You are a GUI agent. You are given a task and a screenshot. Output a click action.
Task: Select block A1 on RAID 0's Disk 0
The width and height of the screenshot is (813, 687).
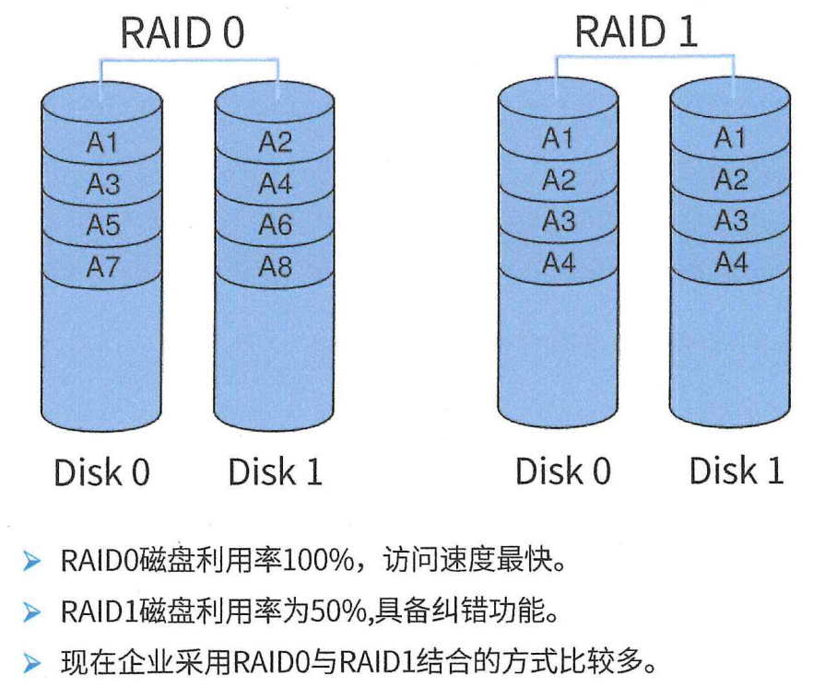point(103,144)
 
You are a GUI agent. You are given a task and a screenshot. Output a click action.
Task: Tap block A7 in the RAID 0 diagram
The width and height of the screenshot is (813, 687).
point(103,266)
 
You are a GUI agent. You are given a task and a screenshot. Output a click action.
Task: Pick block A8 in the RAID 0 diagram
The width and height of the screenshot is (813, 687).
point(275,266)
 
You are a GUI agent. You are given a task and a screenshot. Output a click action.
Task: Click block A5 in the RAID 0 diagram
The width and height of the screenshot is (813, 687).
point(103,226)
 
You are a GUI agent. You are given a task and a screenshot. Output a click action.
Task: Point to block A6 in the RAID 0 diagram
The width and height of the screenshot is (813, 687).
point(275,226)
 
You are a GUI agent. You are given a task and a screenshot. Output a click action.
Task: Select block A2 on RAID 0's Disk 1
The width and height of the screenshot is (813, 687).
point(275,143)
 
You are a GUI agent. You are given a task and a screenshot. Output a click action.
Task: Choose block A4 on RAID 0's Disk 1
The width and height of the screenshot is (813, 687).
point(275,184)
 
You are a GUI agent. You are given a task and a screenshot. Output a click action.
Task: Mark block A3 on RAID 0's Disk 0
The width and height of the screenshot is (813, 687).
point(103,184)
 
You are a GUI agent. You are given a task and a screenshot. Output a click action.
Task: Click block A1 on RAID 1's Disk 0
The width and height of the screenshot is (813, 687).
point(558,139)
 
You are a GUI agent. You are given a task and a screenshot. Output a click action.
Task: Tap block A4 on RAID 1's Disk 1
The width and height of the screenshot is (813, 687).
point(731,263)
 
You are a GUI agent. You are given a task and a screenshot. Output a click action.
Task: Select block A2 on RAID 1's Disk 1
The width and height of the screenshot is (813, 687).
point(731,180)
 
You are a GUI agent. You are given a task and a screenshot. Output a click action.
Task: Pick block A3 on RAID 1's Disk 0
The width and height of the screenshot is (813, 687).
point(558,221)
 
